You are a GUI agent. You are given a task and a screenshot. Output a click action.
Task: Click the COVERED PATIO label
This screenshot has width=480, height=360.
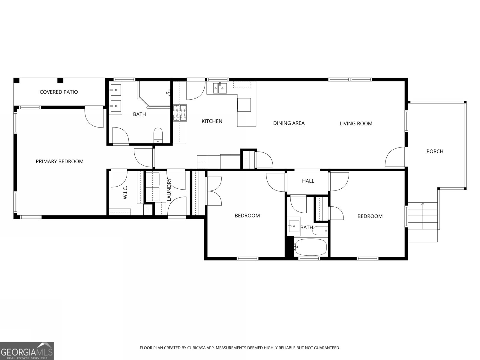[59, 92]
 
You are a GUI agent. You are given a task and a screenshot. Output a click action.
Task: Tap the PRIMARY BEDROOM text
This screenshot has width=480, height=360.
[59, 161]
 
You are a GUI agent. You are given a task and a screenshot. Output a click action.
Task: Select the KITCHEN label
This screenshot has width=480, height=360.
[212, 121]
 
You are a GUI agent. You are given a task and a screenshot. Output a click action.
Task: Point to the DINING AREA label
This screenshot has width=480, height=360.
[289, 123]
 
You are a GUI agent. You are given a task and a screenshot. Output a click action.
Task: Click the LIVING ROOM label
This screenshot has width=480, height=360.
[356, 123]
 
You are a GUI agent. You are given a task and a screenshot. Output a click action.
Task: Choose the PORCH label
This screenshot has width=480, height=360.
[435, 151]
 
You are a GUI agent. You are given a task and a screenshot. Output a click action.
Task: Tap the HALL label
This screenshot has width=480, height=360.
[308, 181]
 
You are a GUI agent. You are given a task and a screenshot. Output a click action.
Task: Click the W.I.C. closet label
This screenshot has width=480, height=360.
[125, 192]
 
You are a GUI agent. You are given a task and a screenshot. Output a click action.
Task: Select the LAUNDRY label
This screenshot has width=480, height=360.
[169, 190]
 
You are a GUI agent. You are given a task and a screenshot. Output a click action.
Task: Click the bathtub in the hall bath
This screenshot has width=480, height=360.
[310, 247]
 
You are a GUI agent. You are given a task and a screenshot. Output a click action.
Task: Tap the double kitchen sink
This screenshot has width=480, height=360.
[220, 88]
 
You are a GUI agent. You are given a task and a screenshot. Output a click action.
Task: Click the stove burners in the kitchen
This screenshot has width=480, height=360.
[180, 113]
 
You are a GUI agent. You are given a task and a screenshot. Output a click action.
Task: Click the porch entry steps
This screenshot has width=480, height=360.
[422, 222]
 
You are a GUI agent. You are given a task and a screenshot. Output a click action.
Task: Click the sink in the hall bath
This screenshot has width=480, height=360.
[294, 226]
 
